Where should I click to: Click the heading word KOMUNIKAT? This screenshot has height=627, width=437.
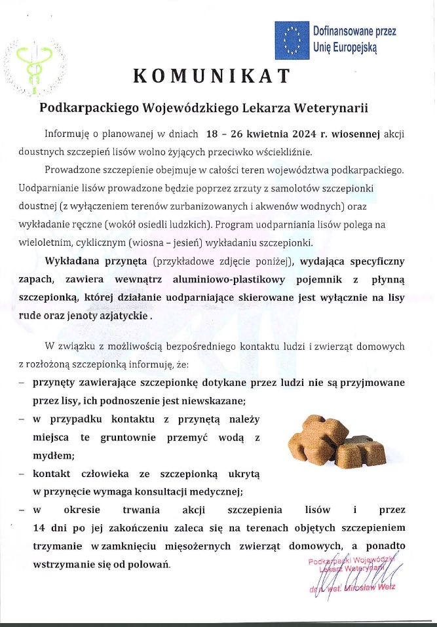click(x=211, y=76)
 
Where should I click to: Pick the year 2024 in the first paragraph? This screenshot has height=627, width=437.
click(x=299, y=134)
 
